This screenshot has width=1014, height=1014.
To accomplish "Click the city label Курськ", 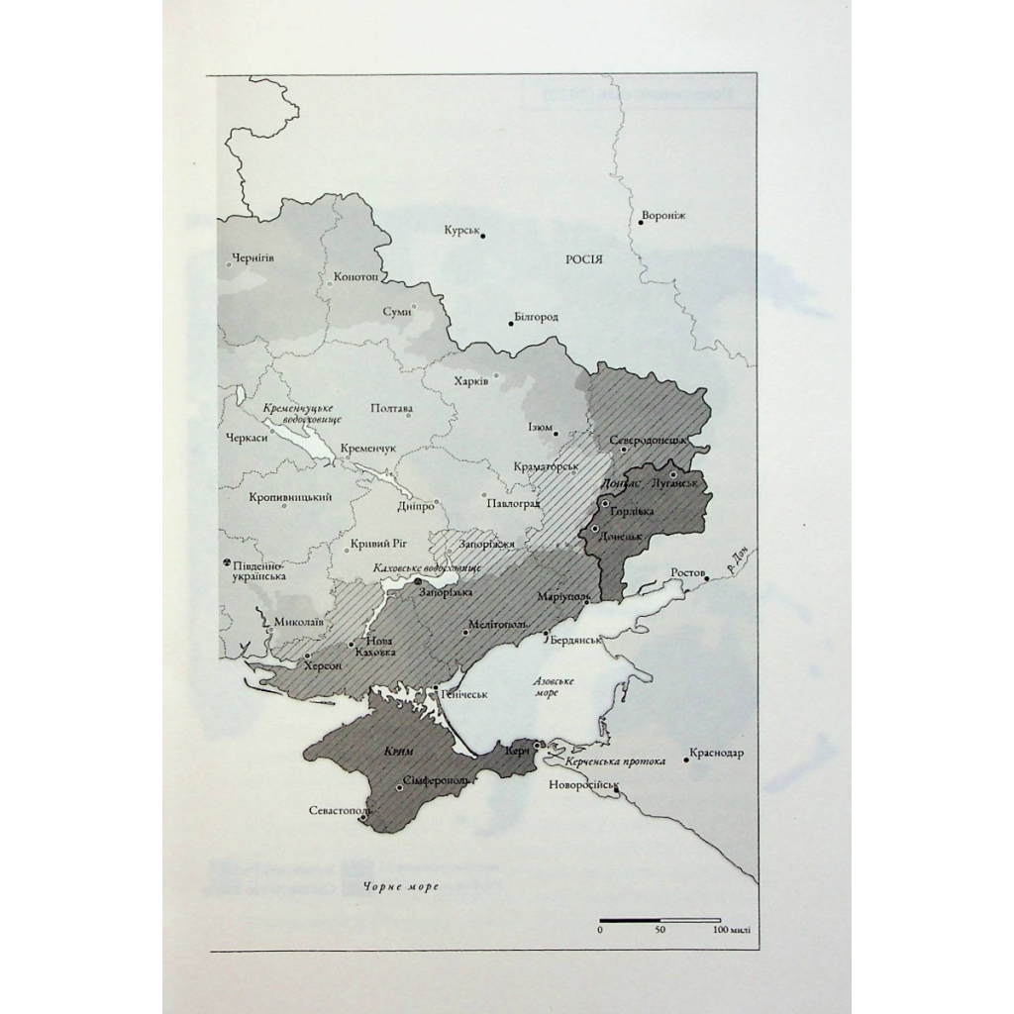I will (x=460, y=230).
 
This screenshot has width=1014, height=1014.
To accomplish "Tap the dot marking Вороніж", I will (x=642, y=223).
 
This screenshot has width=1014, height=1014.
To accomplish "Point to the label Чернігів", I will (x=253, y=258).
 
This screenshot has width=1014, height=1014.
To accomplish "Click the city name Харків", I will (x=470, y=382).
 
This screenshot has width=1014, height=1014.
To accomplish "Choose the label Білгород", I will (x=537, y=318).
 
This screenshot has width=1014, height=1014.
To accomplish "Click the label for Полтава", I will (x=390, y=409).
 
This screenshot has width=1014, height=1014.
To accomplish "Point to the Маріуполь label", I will (x=563, y=597).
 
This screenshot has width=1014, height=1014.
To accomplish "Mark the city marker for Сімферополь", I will (x=399, y=788).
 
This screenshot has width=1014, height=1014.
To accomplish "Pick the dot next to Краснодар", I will (x=685, y=760).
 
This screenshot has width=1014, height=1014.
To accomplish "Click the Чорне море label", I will (x=400, y=887).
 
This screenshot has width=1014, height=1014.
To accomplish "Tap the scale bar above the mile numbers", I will (x=659, y=921).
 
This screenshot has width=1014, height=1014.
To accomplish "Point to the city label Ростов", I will (x=687, y=572).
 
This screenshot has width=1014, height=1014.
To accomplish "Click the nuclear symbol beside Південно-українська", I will (x=228, y=561).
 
